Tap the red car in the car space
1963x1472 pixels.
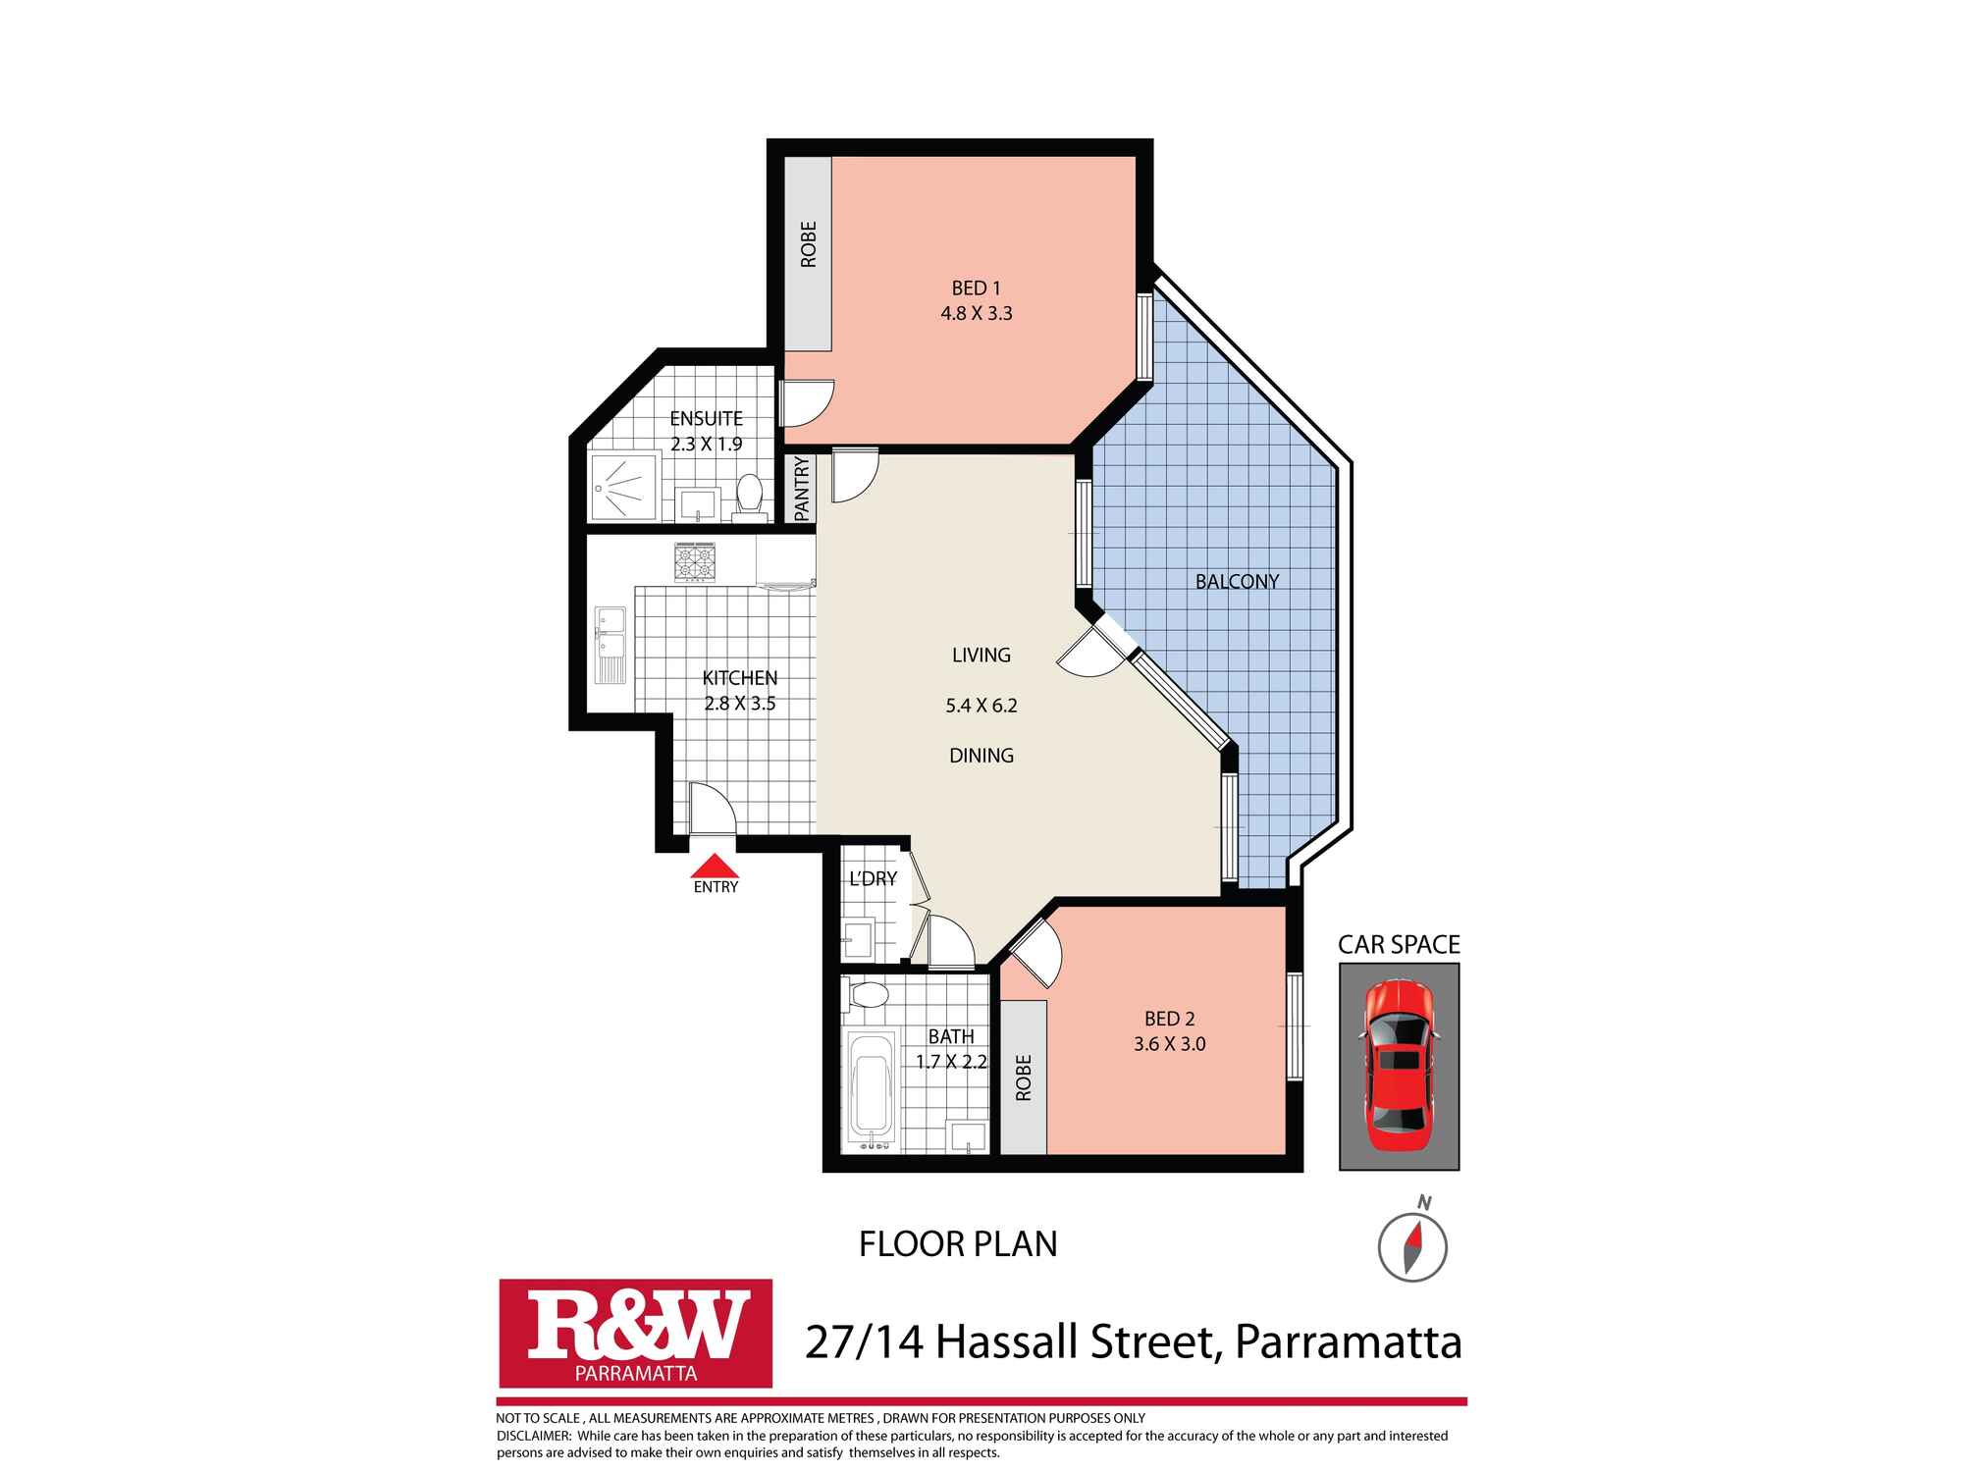click(x=1399, y=1066)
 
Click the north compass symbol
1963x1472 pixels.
click(x=1412, y=1247)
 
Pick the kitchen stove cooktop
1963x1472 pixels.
click(x=694, y=561)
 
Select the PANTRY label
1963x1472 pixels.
click(x=802, y=489)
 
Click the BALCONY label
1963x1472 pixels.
click(x=1237, y=581)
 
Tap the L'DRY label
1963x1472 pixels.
click(x=873, y=878)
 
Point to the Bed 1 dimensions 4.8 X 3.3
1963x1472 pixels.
click(x=976, y=314)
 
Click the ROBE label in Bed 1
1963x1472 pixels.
click(x=808, y=244)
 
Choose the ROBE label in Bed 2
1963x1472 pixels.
click(x=1024, y=1078)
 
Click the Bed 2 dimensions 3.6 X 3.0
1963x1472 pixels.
click(x=1169, y=1044)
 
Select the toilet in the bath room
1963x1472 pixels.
click(x=868, y=995)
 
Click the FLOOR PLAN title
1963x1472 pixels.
click(x=958, y=1244)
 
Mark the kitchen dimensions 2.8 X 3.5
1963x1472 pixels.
click(x=740, y=704)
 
